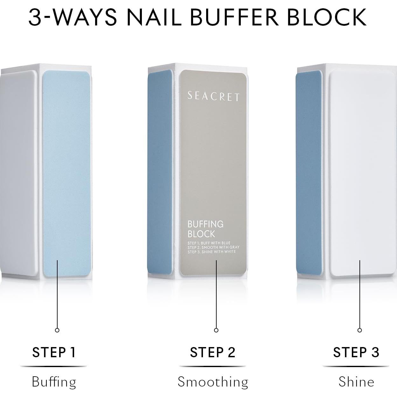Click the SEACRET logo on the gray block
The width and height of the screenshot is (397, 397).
point(213,96)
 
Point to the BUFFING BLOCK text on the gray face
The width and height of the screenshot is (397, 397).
point(205,229)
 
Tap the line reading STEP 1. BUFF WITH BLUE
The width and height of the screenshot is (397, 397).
point(209,243)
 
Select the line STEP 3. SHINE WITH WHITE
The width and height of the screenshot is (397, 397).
point(212,252)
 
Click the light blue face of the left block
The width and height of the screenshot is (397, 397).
point(66,172)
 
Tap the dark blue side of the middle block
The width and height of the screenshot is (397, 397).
point(160,172)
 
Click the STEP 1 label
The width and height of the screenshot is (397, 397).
point(54,352)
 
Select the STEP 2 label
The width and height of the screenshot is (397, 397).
point(212,352)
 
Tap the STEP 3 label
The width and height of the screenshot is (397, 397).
point(356,352)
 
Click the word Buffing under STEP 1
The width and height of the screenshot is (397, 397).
point(54,382)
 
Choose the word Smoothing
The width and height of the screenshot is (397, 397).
point(213,382)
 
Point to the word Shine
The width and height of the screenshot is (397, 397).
point(356,382)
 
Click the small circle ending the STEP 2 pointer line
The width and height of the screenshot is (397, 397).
point(216,330)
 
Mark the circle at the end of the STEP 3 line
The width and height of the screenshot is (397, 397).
point(360,330)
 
